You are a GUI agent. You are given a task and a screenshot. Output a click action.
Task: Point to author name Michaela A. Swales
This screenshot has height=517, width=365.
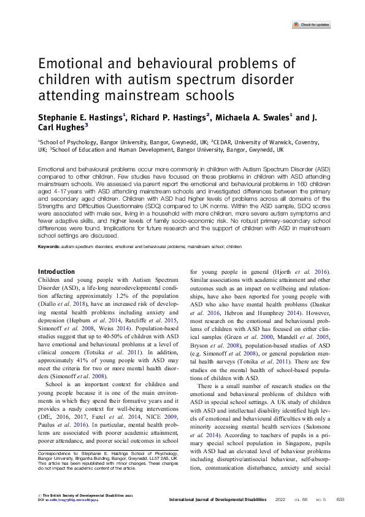pos(253,117)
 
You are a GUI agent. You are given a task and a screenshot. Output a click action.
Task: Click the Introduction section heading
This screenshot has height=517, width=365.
pos(56,272)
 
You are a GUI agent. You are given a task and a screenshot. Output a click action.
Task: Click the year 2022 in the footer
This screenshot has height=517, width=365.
pos(280,499)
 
